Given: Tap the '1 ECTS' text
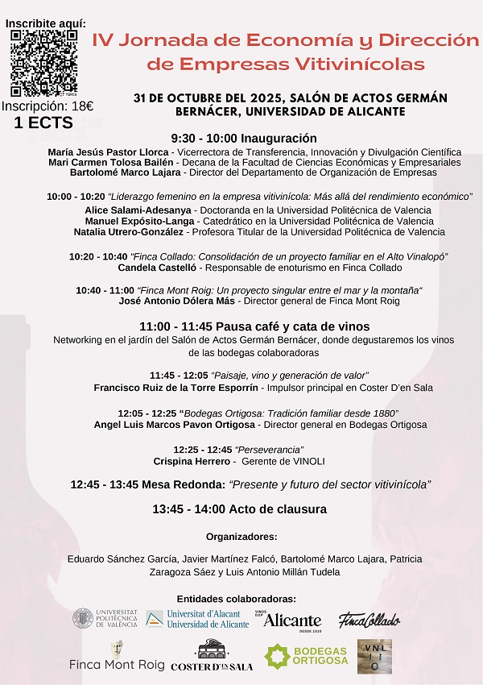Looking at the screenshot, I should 43,123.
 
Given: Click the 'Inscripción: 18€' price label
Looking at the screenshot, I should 47,106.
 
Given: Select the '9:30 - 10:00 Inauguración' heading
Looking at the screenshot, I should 244,139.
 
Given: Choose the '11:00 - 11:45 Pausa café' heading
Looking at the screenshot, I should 254,326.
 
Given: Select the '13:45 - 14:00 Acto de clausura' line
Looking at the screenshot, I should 239,509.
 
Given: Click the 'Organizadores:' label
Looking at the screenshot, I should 242,536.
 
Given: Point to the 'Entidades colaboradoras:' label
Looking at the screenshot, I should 236,599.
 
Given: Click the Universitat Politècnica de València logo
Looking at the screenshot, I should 105,619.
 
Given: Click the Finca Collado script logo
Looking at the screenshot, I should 369,620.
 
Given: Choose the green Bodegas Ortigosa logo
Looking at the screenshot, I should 307,656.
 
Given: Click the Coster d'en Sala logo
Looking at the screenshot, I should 223,656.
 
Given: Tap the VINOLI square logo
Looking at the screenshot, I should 374,655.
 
